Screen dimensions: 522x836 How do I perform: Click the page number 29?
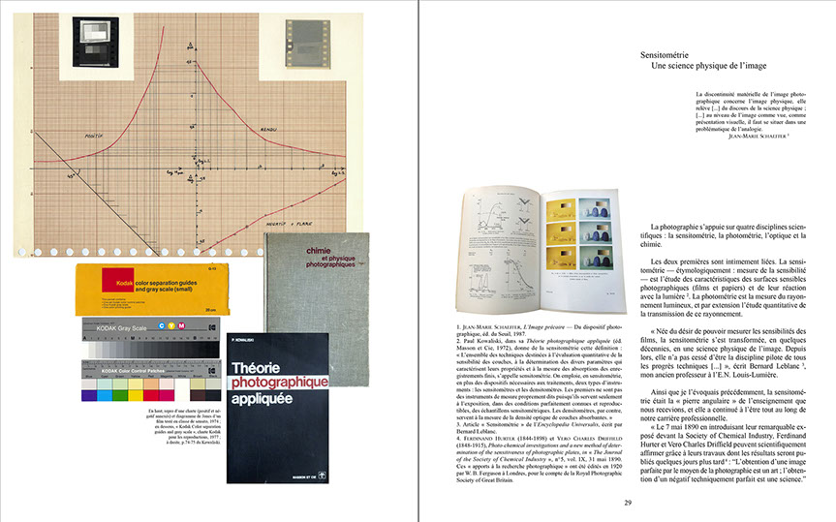tap(628, 502)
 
